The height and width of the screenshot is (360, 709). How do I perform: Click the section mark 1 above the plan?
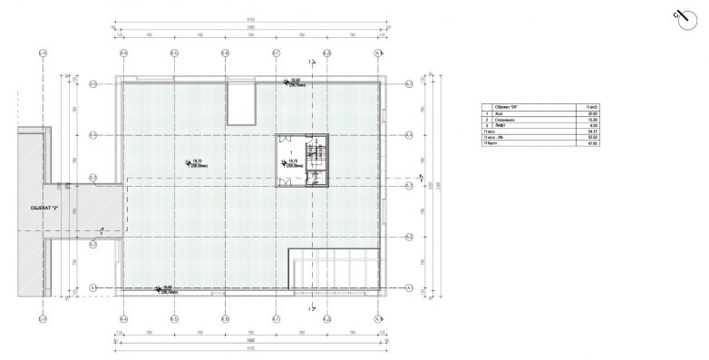310,62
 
